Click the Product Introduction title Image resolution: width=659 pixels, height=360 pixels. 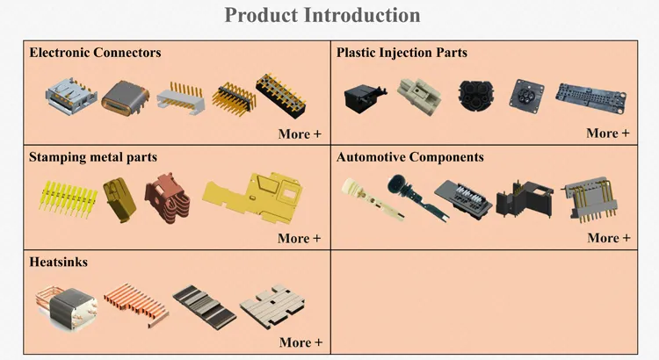click(322, 15)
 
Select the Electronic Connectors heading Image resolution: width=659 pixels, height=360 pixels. click(95, 53)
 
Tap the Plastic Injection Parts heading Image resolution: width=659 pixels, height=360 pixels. click(402, 53)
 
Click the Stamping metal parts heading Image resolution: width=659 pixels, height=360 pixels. click(93, 157)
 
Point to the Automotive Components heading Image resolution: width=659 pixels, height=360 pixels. click(409, 157)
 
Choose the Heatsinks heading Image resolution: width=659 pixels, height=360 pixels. click(58, 262)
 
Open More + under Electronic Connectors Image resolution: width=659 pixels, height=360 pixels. click(300, 133)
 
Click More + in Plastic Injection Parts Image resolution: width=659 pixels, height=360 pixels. click(608, 133)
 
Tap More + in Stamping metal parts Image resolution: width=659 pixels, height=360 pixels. click(300, 238)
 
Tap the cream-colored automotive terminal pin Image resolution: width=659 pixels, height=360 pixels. click(359, 198)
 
